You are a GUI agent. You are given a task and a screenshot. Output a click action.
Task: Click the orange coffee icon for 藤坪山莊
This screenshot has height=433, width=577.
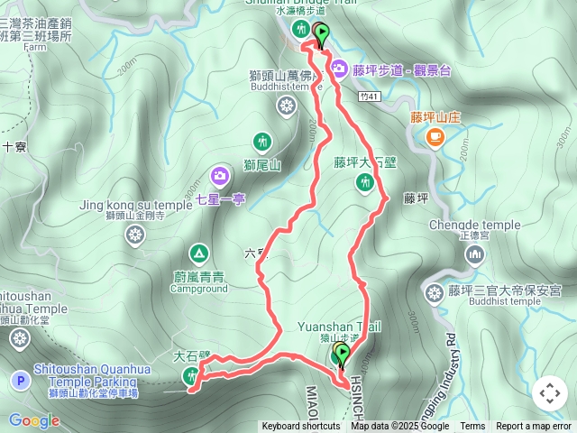[435, 136]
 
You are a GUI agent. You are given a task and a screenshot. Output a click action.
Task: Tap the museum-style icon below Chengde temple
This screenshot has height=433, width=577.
[474, 255]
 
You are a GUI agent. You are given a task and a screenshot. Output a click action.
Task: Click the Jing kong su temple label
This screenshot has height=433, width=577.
[135, 205]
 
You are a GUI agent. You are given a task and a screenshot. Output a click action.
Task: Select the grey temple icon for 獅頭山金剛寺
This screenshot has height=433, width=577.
[135, 236]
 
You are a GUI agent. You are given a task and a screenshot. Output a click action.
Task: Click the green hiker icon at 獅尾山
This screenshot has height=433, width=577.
[261, 142]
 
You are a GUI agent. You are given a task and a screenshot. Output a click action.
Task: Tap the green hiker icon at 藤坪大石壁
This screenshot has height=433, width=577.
[364, 183]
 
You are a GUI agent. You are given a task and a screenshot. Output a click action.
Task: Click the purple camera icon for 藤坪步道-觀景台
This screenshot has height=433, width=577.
[339, 67]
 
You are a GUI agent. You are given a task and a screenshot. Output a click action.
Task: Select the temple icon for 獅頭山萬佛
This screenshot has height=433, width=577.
[286, 107]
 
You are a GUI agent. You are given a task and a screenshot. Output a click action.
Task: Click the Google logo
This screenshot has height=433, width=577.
[33, 420]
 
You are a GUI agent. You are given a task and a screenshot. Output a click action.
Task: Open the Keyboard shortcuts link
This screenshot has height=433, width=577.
[301, 427]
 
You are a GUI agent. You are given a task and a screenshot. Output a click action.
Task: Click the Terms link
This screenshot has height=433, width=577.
[472, 427]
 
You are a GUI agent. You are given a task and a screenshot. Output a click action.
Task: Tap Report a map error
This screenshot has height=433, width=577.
[535, 427]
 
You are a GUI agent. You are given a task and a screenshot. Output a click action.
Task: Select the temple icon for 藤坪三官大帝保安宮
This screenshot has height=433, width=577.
[434, 291]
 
